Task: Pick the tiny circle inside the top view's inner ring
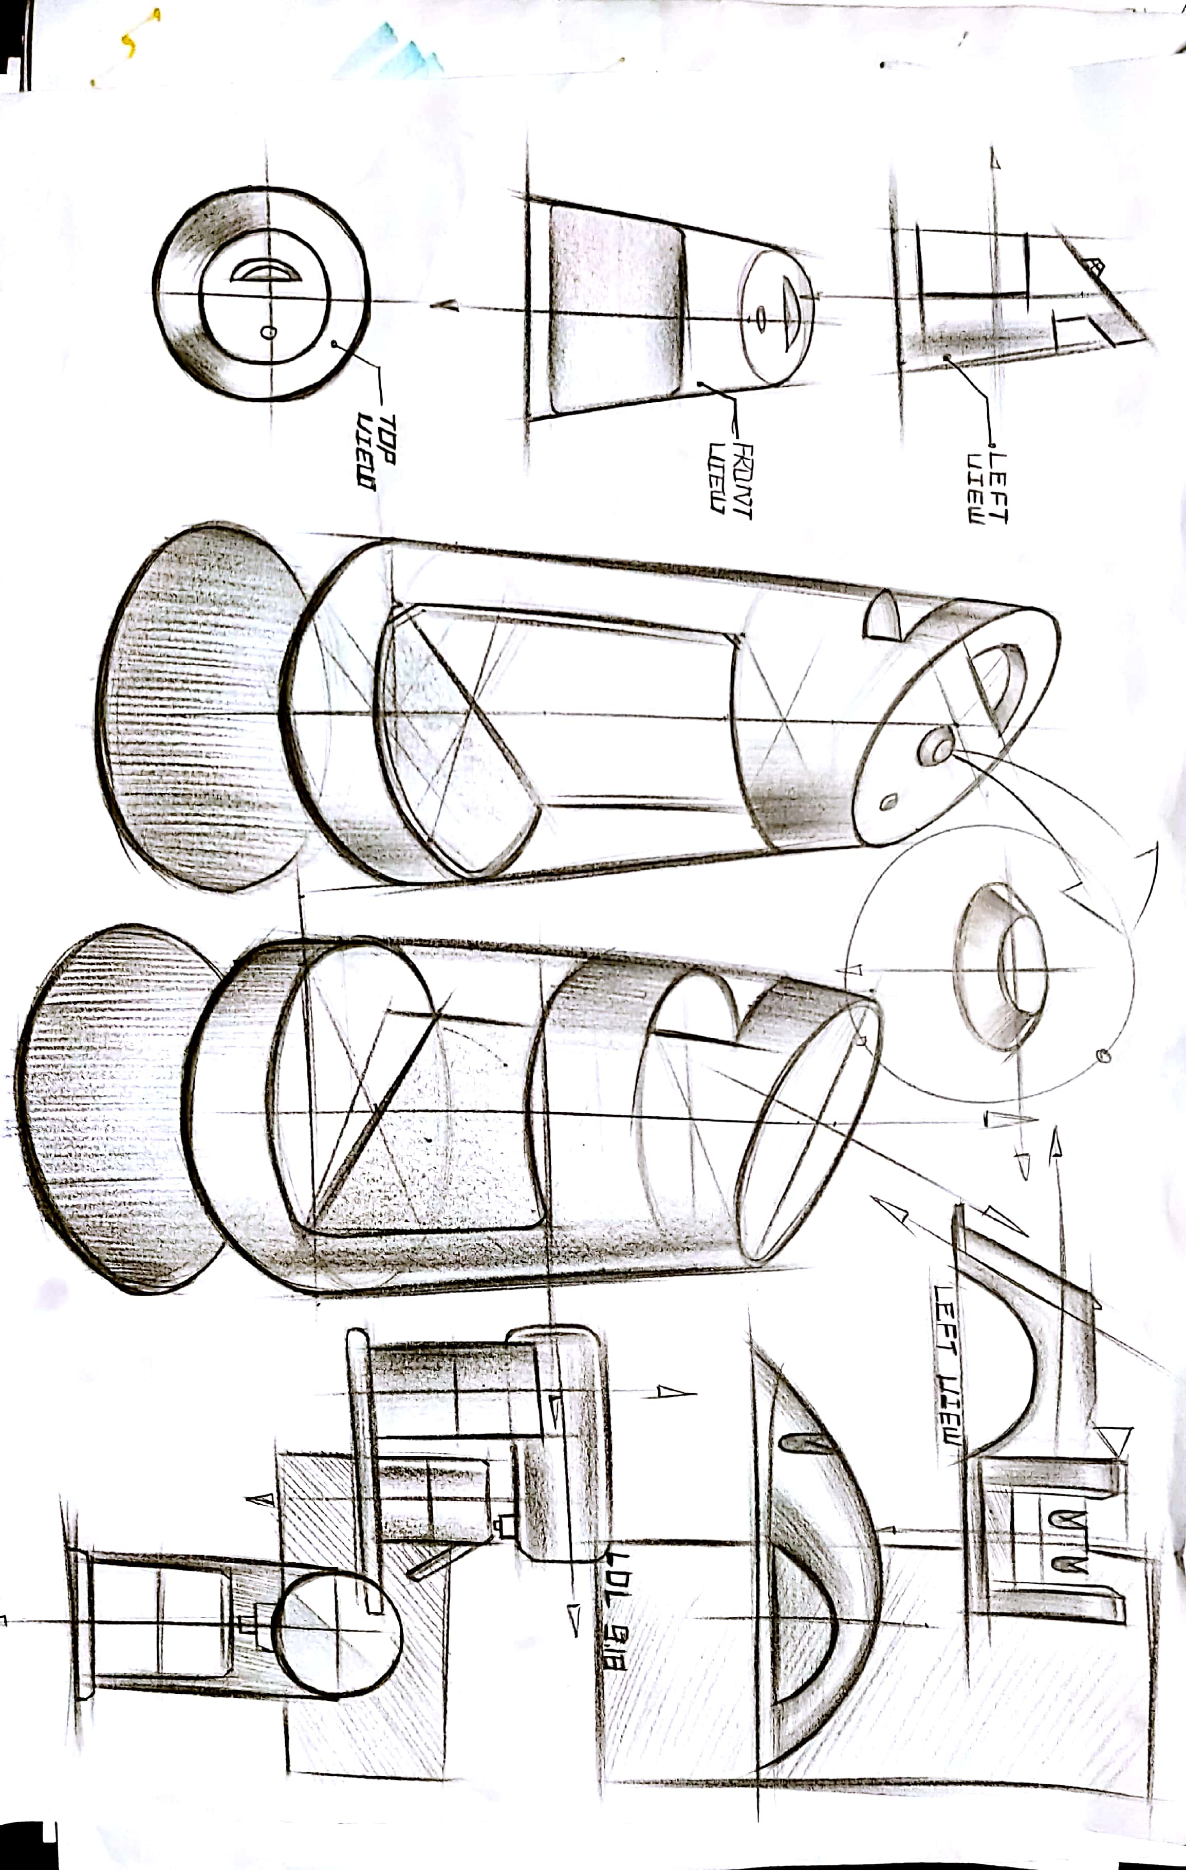[268, 332]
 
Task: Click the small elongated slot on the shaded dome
[800, 1442]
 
